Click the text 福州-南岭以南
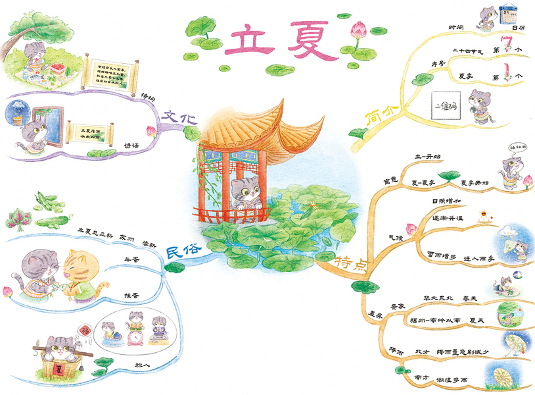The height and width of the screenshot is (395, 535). [x=432, y=321]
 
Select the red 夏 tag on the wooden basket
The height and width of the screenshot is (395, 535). [x=60, y=365]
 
